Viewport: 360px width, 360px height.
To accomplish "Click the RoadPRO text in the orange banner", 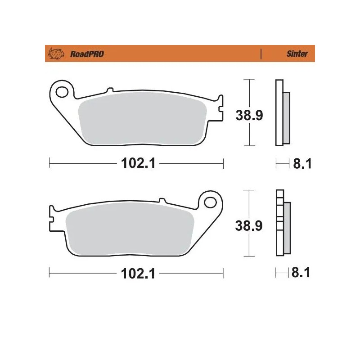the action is pyautogui.click(x=87, y=54).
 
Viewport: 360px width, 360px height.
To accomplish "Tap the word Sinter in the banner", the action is pyautogui.click(x=297, y=54).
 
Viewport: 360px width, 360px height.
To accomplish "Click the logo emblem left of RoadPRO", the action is pyautogui.click(x=56, y=54).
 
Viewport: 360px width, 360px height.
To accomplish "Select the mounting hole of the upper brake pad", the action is pyautogui.click(x=62, y=92).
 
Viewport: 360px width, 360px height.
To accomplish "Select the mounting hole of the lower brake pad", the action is pyautogui.click(x=210, y=202).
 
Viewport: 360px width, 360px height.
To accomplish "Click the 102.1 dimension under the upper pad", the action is pyautogui.click(x=138, y=163).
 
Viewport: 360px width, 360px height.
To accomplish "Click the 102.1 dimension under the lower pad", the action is pyautogui.click(x=138, y=274).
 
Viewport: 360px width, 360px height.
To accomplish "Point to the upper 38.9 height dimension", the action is pyautogui.click(x=249, y=115).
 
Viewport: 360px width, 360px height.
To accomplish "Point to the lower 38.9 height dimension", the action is pyautogui.click(x=249, y=225).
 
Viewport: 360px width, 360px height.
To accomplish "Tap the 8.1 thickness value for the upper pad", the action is pyautogui.click(x=302, y=164).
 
